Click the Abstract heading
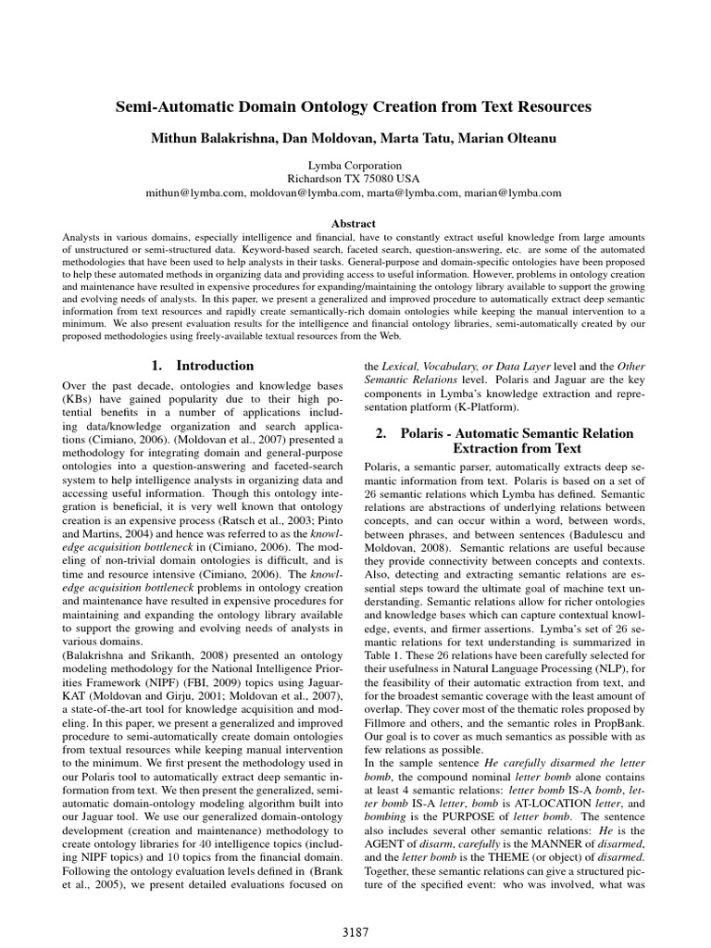(x=354, y=223)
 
